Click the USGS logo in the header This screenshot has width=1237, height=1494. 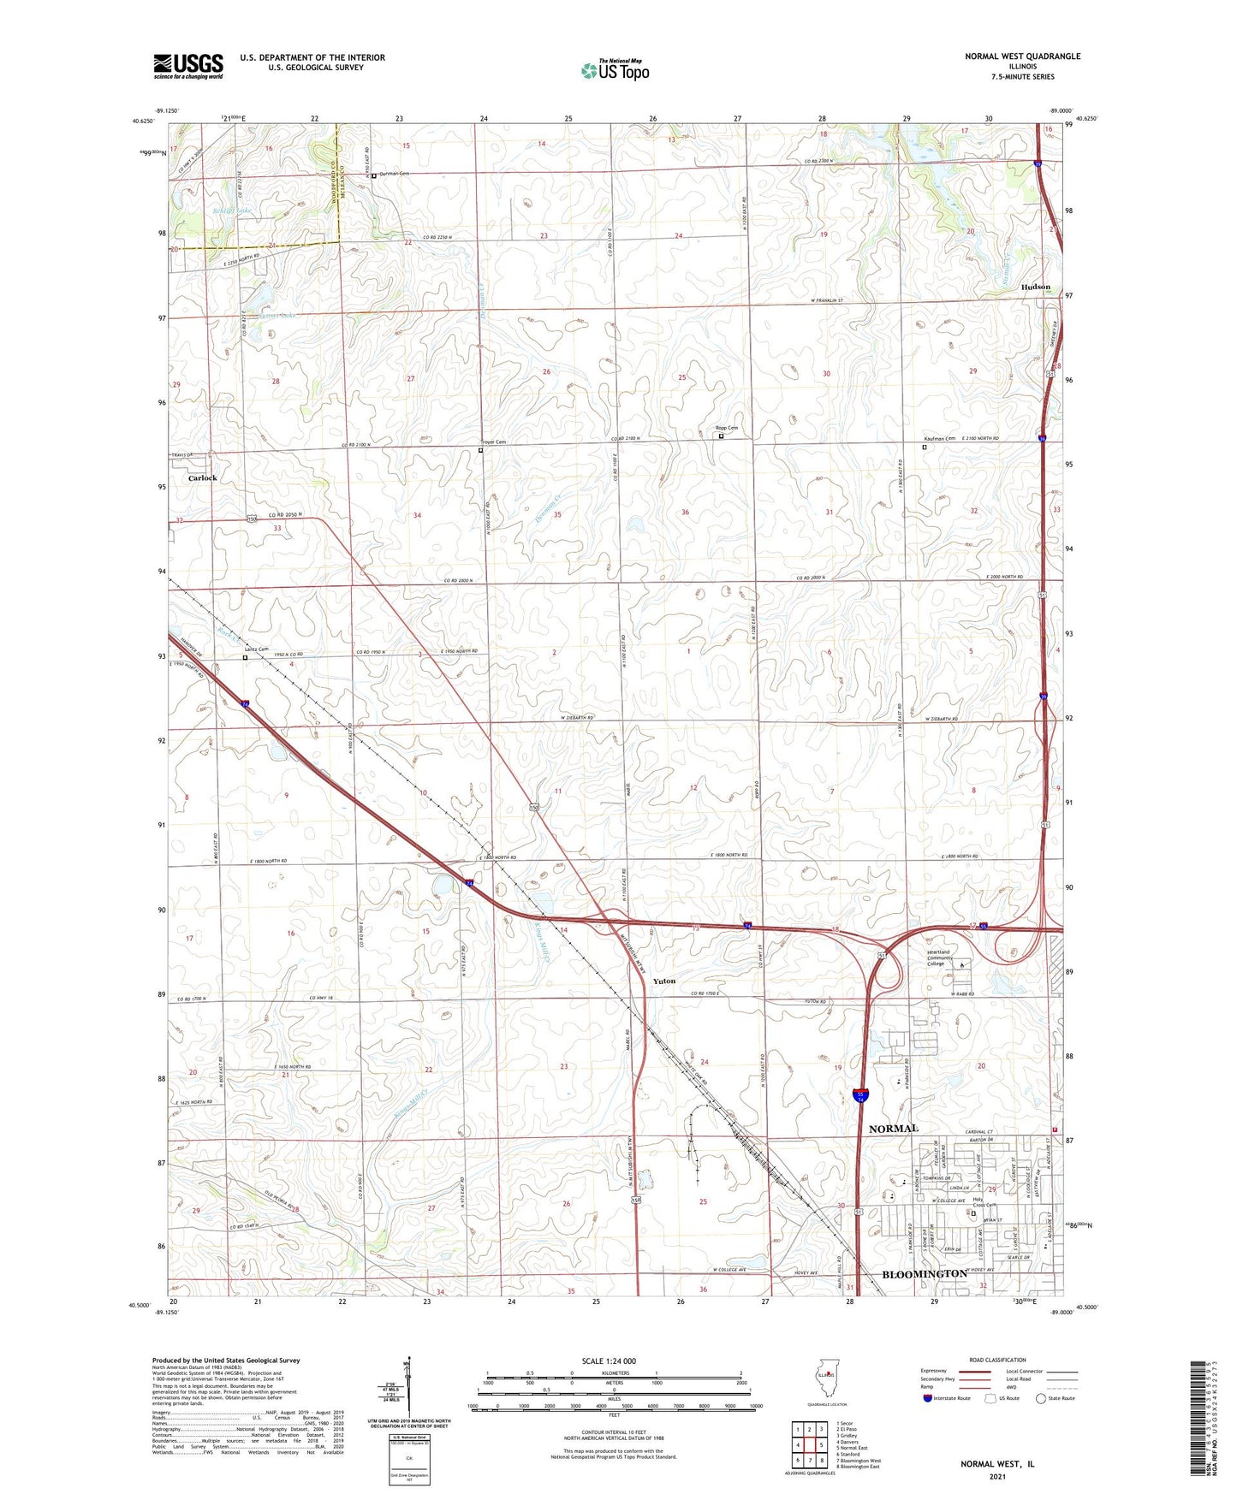tap(188, 66)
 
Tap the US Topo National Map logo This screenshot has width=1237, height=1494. tap(615, 70)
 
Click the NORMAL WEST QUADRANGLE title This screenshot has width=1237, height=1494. tap(1022, 56)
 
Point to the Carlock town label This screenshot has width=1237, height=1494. tap(203, 478)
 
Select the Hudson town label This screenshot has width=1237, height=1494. tap(1035, 287)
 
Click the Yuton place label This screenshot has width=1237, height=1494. tap(664, 981)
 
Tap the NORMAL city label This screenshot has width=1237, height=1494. tap(893, 1129)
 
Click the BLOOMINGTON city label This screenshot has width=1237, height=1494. tap(924, 1274)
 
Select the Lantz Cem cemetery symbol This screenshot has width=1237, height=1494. tap(245, 658)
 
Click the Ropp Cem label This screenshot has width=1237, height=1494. tap(726, 428)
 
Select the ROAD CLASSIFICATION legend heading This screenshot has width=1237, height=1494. tap(997, 1360)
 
